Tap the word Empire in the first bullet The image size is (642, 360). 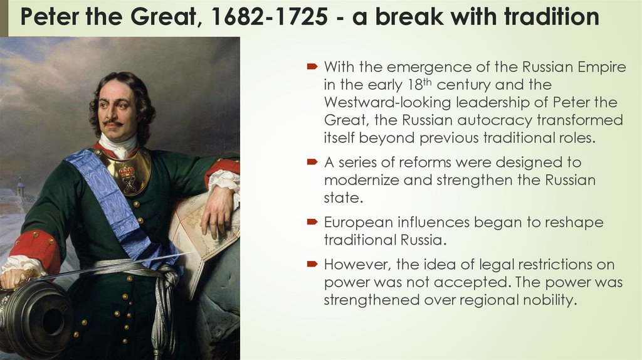(603, 67)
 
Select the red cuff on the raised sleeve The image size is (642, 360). (223, 169)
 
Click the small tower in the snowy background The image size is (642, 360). (20, 188)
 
